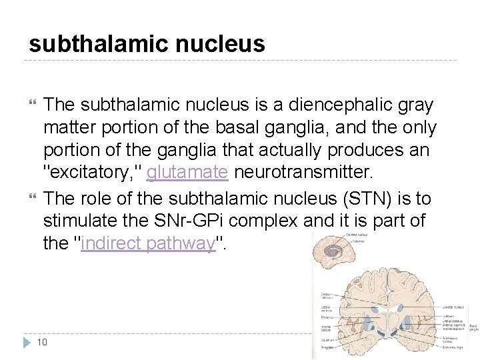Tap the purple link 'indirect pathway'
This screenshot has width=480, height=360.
pos(149,243)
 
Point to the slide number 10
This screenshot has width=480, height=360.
pos(41,342)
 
